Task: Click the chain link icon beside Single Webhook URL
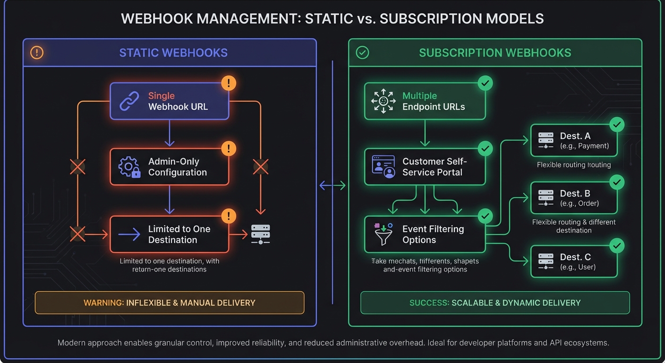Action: [x=129, y=101]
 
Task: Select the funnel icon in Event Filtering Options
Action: [x=383, y=234]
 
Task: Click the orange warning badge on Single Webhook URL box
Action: [x=229, y=84]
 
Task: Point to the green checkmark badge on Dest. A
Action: [x=617, y=125]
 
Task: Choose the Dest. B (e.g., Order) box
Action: [x=574, y=198]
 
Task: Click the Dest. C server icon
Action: [x=546, y=262]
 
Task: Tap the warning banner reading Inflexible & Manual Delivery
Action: [x=170, y=302]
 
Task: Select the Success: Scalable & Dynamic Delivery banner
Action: [x=495, y=302]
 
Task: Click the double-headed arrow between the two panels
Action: [x=332, y=186]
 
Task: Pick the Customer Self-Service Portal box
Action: [x=425, y=167]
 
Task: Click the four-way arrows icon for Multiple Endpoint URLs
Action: [x=383, y=101]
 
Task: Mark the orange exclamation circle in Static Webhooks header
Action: [x=37, y=52]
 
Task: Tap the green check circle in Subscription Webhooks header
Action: [x=362, y=52]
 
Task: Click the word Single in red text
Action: [x=162, y=96]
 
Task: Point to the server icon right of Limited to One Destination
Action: [x=260, y=234]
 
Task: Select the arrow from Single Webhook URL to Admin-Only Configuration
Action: [x=170, y=134]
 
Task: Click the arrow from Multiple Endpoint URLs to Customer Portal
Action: [x=425, y=134]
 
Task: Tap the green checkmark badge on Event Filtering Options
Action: [x=485, y=216]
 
